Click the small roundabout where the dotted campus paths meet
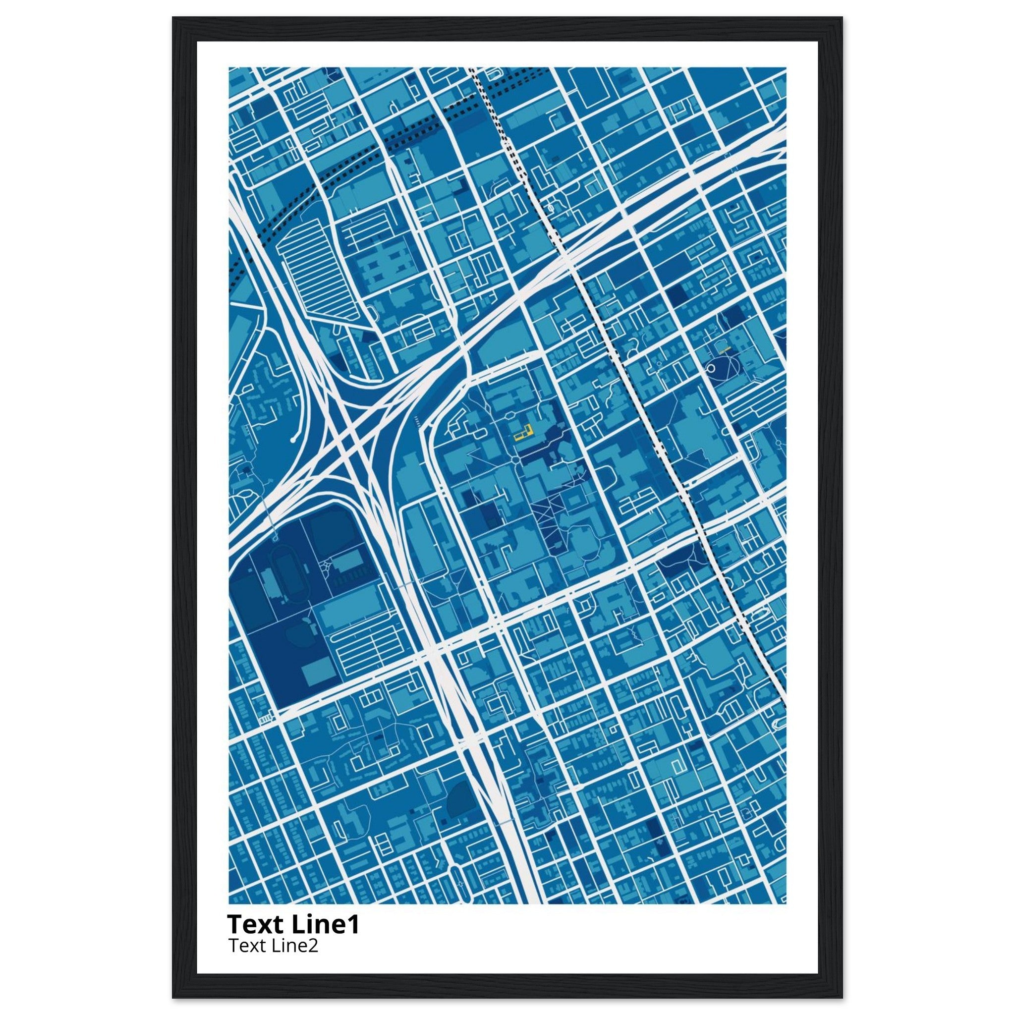(517, 460)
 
